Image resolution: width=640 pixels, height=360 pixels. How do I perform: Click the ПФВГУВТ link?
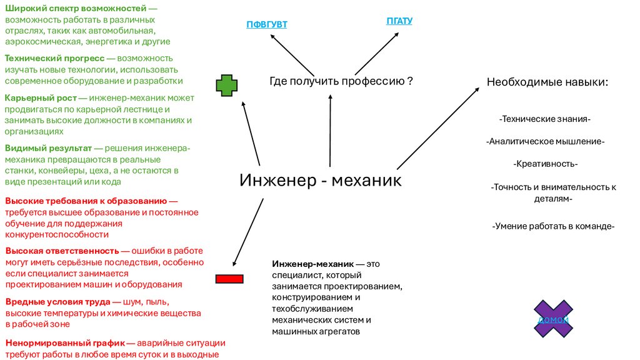[x=267, y=25]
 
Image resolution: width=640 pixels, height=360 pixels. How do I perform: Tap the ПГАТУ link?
[x=399, y=21]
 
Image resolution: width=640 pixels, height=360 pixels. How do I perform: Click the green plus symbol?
[x=227, y=86]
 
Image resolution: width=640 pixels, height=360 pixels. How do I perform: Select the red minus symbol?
[x=229, y=278]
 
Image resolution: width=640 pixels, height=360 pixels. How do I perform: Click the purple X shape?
[x=553, y=319]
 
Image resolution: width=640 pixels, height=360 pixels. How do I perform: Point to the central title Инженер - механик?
[x=321, y=181]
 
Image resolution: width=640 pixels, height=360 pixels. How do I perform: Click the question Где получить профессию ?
[x=341, y=81]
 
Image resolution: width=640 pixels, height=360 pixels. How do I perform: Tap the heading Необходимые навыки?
[x=547, y=82]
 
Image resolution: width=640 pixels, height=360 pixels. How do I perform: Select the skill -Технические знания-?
[x=545, y=118]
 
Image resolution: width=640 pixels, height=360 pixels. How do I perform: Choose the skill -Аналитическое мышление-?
[x=545, y=141]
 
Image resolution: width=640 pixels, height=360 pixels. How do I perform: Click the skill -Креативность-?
[x=545, y=164]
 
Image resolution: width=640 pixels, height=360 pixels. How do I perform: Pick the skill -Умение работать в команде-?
[x=554, y=226]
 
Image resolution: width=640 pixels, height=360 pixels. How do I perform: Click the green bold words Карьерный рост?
[x=41, y=98]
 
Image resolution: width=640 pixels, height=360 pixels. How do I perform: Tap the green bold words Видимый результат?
[x=48, y=148]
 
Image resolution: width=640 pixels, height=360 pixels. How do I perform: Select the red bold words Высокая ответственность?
[x=62, y=251]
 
